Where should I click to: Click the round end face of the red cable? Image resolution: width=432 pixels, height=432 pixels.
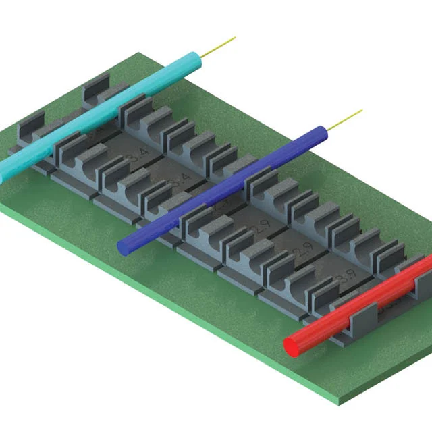(294, 346)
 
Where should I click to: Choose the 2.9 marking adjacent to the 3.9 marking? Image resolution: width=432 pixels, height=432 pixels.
(302, 254)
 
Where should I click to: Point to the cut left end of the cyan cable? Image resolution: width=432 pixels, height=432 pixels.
(3, 174)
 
